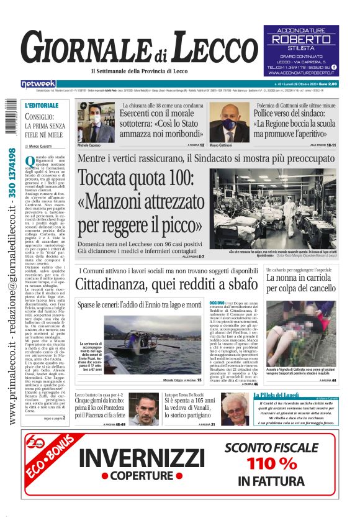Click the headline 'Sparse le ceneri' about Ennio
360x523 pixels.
(139, 305)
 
